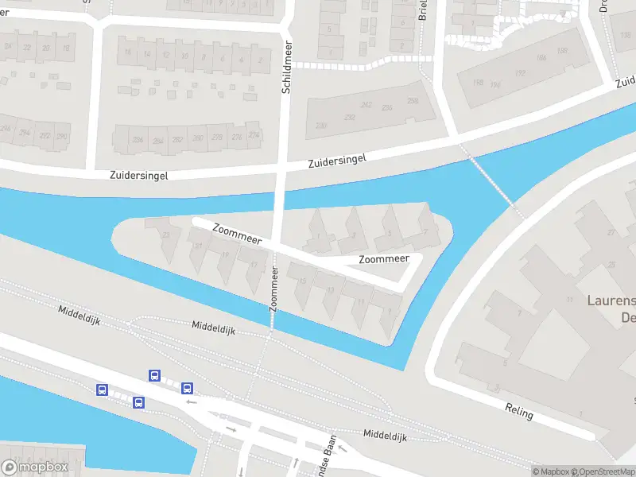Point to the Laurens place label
coord(611,301)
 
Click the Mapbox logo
coord(35,467)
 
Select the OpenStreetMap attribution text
coord(602,471)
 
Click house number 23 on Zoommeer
coord(165,235)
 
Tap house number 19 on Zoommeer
coord(225,256)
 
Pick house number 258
coord(413,101)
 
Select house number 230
coord(320,126)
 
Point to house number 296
coord(6,129)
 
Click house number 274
coord(254,136)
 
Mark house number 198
coord(478,83)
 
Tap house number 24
coord(10,48)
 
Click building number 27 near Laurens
coord(611,232)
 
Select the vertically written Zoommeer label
coord(274,288)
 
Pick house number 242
coord(366,105)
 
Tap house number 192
coord(521,72)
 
